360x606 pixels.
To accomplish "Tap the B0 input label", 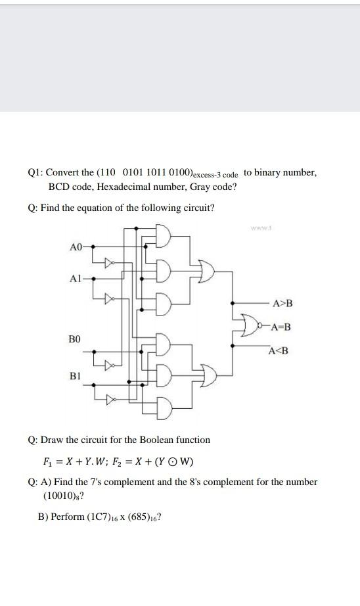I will [x=75, y=340].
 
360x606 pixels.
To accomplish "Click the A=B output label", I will [x=281, y=327].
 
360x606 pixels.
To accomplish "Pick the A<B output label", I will [x=278, y=350].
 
